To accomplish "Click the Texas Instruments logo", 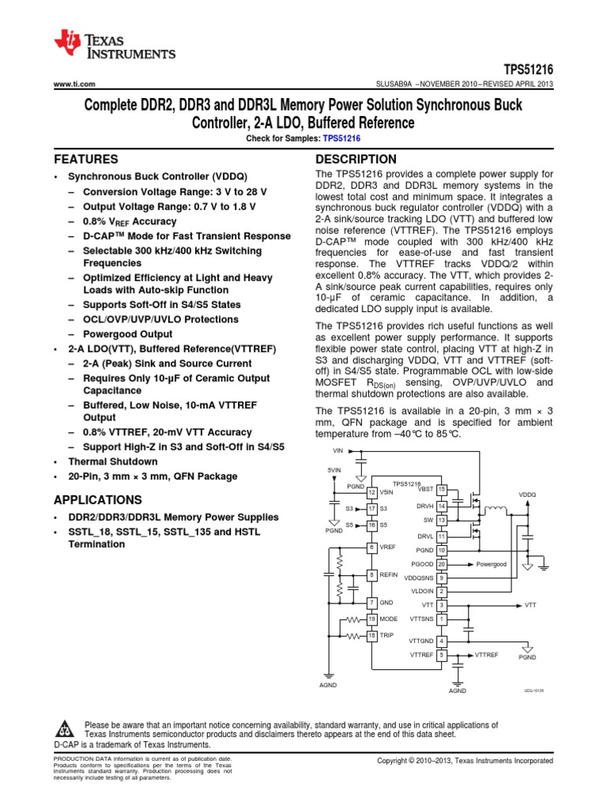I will point(115,45).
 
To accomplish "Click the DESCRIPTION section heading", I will point(356,159).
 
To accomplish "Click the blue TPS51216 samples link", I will point(345,137).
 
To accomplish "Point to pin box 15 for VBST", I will point(442,490).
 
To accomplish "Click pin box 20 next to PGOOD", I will point(442,564).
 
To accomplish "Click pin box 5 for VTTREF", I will point(442,655).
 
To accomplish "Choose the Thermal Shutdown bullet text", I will point(112,461).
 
